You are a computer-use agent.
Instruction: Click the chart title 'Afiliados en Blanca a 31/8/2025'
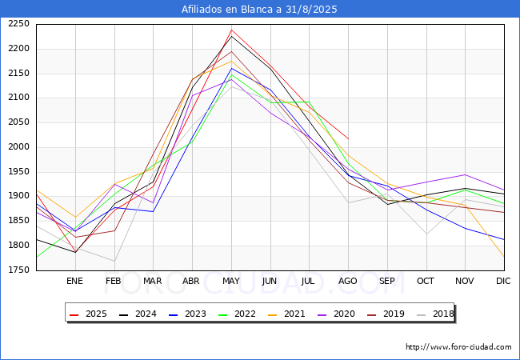(259, 9)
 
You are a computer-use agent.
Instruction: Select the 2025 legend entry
(88, 314)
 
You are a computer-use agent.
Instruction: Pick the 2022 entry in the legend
(237, 314)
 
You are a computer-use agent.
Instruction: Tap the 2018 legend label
(435, 314)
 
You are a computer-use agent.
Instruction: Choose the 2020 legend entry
(336, 314)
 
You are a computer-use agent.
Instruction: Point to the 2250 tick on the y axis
(19, 24)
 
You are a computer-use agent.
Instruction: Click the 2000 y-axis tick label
(19, 147)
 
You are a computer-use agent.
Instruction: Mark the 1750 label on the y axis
(19, 270)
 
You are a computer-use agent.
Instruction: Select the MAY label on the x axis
(231, 281)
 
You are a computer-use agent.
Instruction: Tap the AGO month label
(347, 281)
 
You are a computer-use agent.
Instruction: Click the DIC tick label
(503, 281)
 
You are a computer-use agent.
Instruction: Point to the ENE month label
(74, 281)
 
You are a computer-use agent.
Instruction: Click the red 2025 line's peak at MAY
(231, 30)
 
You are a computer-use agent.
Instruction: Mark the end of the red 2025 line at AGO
(348, 138)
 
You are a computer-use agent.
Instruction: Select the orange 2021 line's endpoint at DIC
(504, 256)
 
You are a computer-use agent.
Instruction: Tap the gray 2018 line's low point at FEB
(114, 262)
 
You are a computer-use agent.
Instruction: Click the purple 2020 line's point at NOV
(466, 174)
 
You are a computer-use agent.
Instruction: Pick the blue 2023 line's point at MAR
(154, 211)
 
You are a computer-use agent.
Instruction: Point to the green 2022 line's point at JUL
(309, 102)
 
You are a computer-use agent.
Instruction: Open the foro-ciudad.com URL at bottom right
(458, 346)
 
